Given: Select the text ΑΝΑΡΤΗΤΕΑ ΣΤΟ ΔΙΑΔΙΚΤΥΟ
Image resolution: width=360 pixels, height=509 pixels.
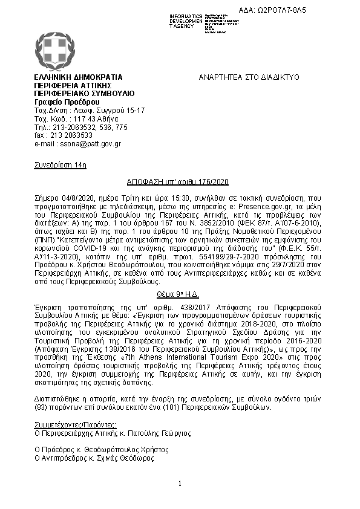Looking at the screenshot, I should point(249,77).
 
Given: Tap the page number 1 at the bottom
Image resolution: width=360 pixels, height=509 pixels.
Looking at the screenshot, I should point(180,484).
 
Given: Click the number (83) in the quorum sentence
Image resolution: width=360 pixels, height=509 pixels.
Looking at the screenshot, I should point(42,406).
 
